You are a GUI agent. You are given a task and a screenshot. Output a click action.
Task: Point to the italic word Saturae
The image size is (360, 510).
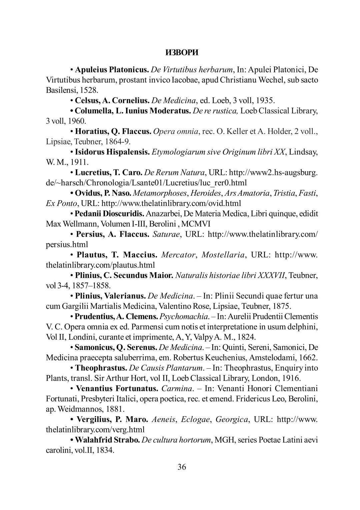tap(166, 234)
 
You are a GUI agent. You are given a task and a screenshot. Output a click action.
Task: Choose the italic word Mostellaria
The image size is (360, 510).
tap(223, 255)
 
